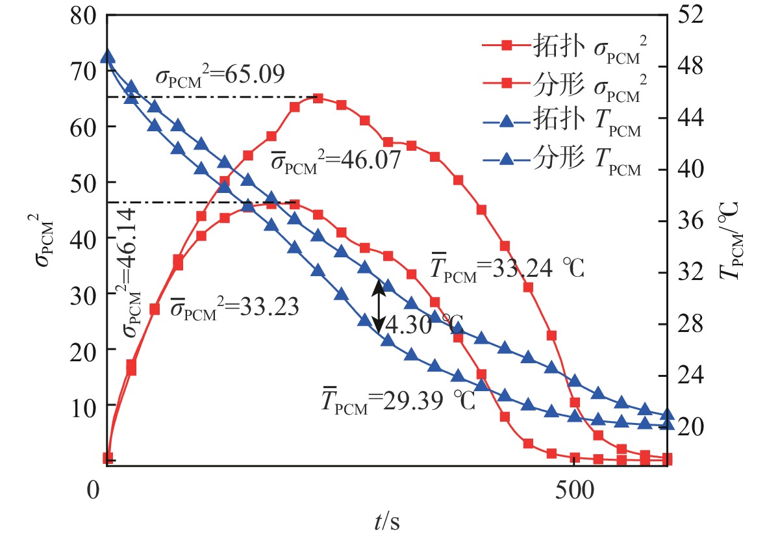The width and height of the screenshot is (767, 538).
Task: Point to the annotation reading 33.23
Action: pos(234,308)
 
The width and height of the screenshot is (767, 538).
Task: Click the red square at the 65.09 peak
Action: pos(318,98)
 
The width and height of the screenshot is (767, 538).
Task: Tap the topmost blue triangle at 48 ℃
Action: pos(108,57)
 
